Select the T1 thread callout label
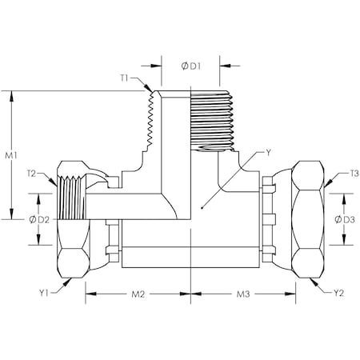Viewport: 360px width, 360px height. tap(126, 79)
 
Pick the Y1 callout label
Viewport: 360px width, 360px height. tap(48, 292)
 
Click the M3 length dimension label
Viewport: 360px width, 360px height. tap(242, 294)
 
